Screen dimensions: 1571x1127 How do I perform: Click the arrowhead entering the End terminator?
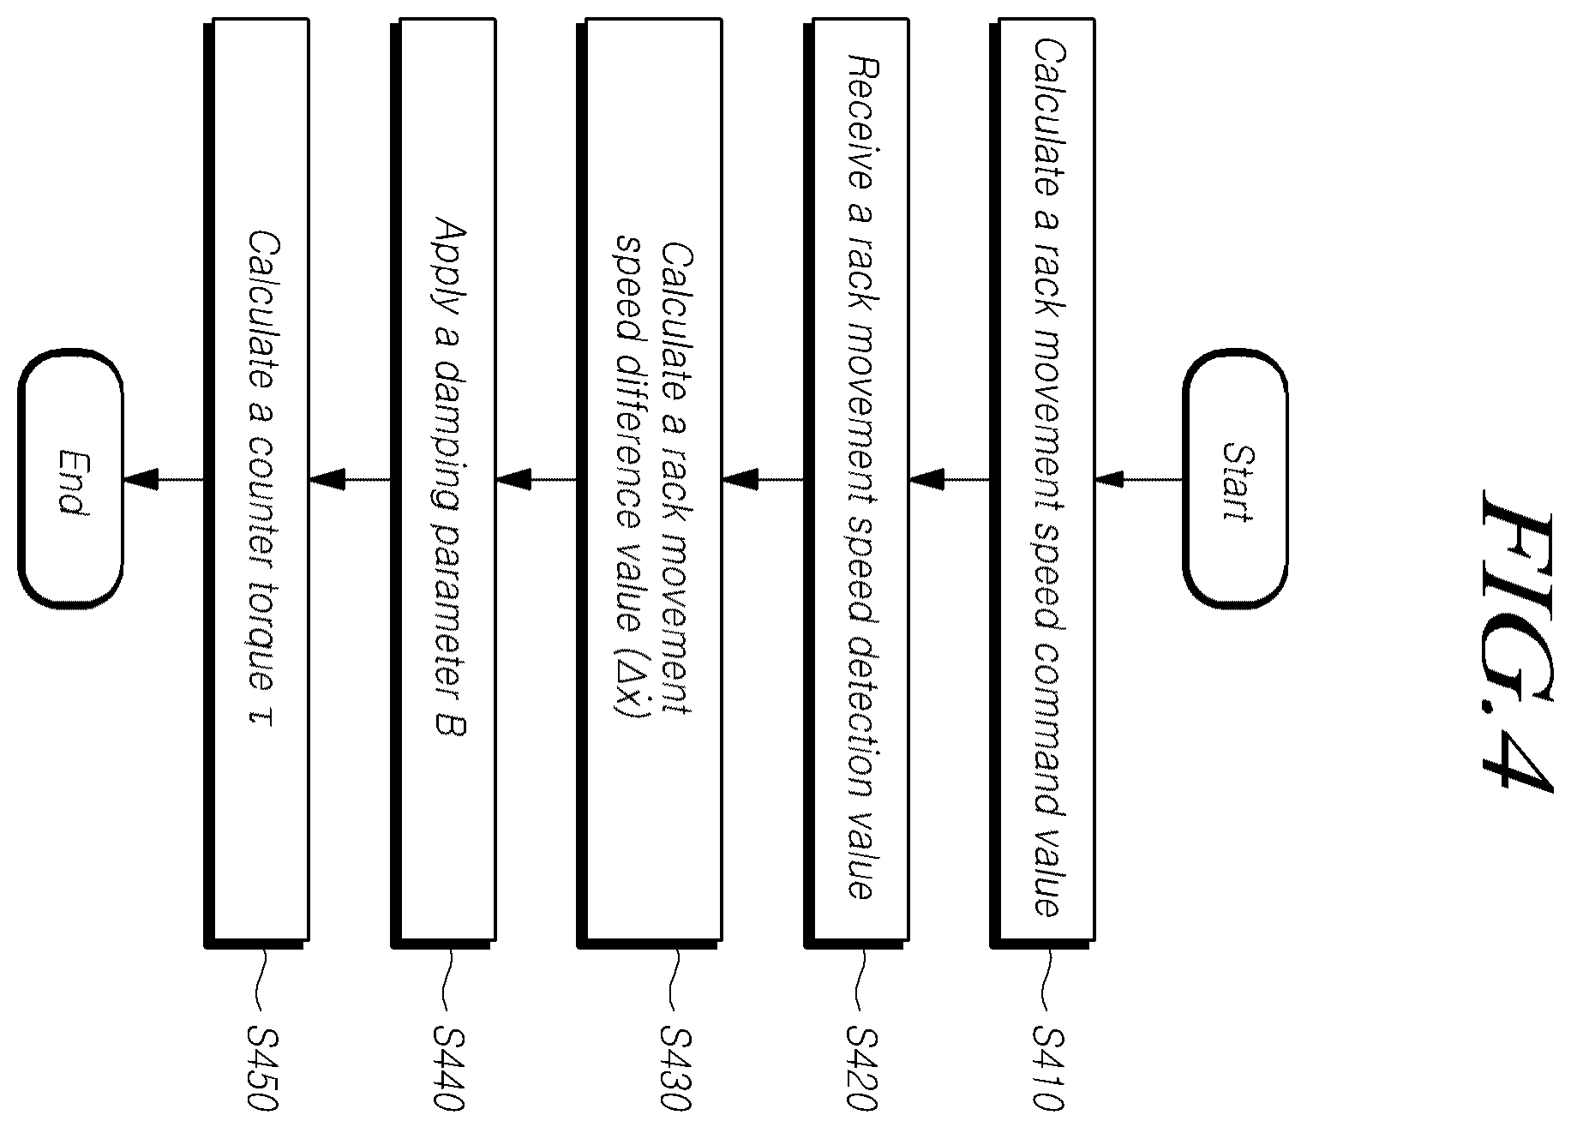[141, 479]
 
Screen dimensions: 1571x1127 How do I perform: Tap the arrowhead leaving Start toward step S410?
[1111, 479]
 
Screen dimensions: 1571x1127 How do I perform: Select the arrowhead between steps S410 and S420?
[926, 479]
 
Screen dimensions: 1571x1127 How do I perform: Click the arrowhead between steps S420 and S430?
[740, 479]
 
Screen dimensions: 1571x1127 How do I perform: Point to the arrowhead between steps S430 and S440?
[513, 479]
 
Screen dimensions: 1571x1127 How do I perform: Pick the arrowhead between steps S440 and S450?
[327, 479]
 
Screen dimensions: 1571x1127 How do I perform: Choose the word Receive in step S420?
[860, 122]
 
